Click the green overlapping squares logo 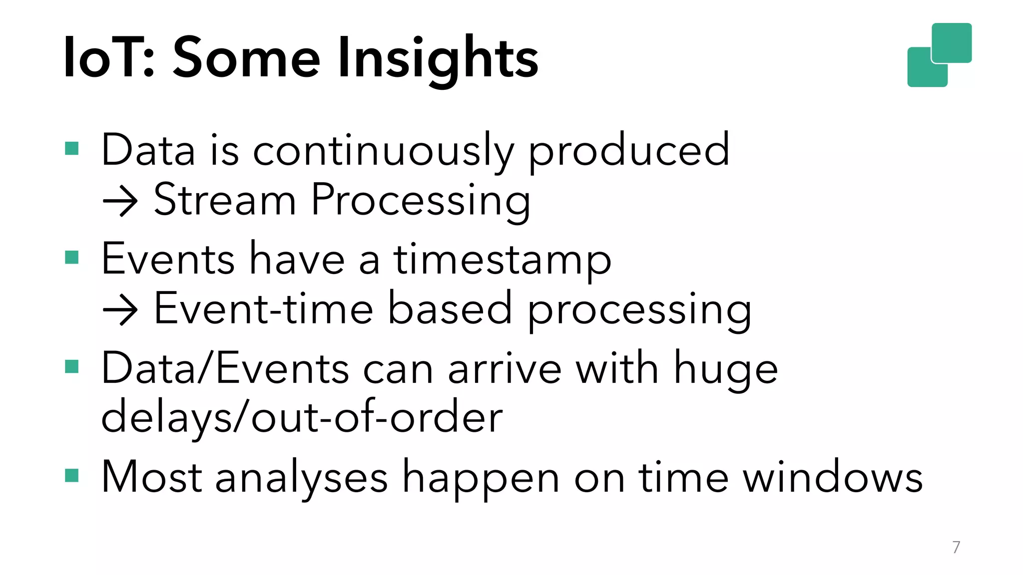(939, 55)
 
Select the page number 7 (956, 547)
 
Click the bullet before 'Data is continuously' (72, 149)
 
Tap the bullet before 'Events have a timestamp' (72, 258)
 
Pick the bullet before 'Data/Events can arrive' (72, 367)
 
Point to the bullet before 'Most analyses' (72, 475)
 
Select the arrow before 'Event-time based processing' (120, 310)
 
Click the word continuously (383, 151)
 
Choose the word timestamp (502, 261)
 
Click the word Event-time (263, 309)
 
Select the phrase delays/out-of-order (302, 418)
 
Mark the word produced (629, 151)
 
